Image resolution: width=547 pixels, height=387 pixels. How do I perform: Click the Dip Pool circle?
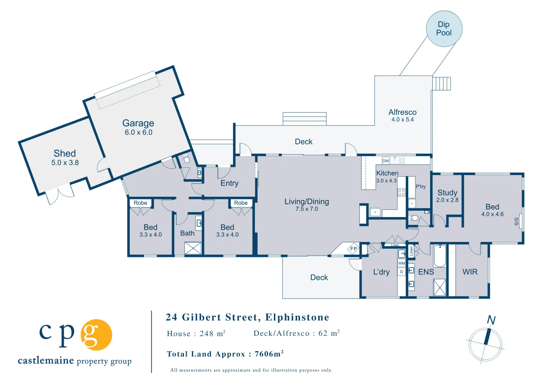(444, 29)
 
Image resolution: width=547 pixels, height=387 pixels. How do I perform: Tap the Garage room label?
(138, 123)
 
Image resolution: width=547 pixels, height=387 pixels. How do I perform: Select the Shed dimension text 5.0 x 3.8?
(65, 163)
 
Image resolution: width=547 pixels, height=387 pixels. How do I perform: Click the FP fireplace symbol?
(353, 249)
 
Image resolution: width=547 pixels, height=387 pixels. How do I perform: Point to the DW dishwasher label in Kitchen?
(386, 161)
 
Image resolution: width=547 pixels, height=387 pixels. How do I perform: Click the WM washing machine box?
(401, 263)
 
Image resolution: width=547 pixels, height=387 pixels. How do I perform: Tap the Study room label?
(447, 193)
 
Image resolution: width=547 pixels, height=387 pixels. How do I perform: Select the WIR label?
(470, 272)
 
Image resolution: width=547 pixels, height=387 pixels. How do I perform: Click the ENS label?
(426, 272)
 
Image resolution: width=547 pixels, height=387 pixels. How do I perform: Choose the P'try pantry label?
(420, 187)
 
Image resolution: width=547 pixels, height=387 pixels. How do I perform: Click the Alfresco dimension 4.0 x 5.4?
(402, 120)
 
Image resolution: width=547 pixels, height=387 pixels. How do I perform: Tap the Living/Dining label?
(306, 202)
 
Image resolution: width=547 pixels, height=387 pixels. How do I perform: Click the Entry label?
(229, 183)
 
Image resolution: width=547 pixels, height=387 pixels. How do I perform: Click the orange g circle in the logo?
(96, 335)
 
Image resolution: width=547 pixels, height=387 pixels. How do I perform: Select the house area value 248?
(206, 334)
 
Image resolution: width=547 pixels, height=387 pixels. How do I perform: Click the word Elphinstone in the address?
(297, 317)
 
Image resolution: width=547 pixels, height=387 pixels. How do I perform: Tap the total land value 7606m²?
(269, 354)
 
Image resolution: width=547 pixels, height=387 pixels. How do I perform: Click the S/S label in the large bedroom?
(517, 221)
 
